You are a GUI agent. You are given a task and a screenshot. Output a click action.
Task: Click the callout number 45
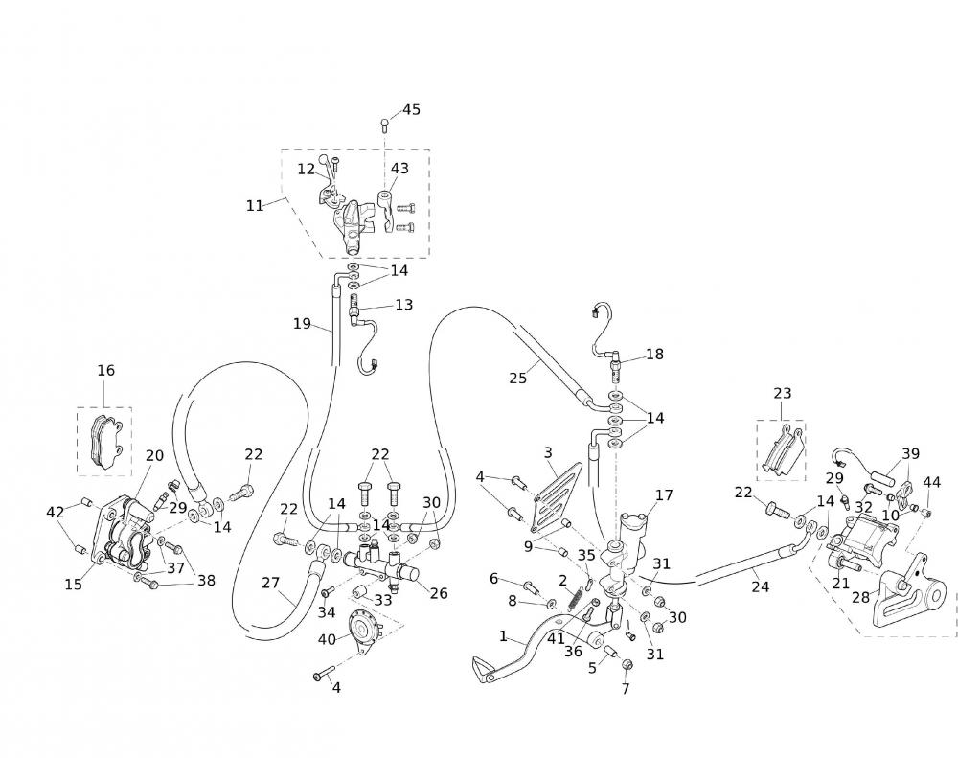coord(411,109)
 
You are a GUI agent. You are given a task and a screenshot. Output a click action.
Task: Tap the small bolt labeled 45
coord(385,123)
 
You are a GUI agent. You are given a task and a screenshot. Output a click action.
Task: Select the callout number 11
coord(255,205)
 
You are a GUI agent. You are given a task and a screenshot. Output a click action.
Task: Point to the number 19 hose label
coord(302,324)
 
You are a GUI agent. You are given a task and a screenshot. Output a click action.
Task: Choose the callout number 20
coord(154,455)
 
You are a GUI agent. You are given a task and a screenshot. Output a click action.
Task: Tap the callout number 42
coord(57,512)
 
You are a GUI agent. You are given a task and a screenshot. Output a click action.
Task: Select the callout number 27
coord(270,583)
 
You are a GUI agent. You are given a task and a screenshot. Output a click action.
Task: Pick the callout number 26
coord(439,593)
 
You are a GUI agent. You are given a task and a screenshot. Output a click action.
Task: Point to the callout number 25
coord(518,378)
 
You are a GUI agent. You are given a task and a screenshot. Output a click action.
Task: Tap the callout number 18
coord(654,354)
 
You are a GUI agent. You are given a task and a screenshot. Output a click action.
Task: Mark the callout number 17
coord(664,495)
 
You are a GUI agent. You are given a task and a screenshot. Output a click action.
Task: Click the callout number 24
coord(760,586)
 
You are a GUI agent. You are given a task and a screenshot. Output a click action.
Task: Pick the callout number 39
coord(910,453)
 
